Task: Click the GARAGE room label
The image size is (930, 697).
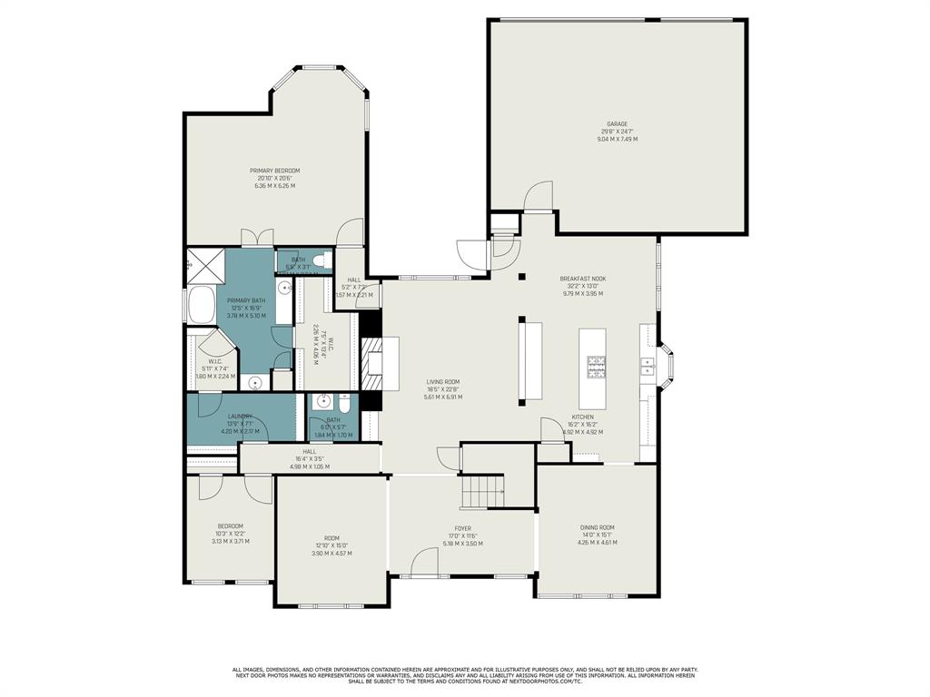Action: [x=618, y=124]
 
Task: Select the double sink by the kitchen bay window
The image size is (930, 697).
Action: [x=648, y=366]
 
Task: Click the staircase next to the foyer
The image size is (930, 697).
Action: [x=481, y=492]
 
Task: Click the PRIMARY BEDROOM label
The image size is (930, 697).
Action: [x=275, y=171]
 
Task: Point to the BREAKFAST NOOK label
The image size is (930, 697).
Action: [x=582, y=279]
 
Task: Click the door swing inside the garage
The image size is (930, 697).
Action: [x=539, y=195]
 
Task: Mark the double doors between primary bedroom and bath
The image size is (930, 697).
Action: [x=255, y=238]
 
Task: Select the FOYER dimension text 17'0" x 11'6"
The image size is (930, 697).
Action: [x=462, y=535]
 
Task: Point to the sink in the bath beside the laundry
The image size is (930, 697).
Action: [x=322, y=402]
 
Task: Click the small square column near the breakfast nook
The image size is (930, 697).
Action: [x=521, y=276]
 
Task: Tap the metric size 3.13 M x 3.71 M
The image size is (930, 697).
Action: [x=230, y=542]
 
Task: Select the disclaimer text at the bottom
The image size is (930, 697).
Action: [x=465, y=675]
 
